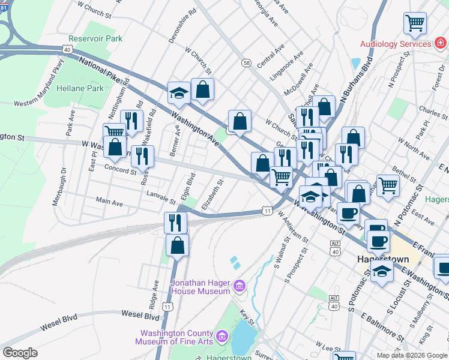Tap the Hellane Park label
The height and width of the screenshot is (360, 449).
[x=80, y=88]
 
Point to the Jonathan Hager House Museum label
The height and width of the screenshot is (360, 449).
[x=200, y=287]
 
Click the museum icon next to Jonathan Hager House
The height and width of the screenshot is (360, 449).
[x=240, y=284]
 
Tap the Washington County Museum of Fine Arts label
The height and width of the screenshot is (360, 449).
[x=175, y=338]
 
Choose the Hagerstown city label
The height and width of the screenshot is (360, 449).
[x=383, y=260]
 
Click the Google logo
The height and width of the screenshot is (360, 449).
[x=19, y=353]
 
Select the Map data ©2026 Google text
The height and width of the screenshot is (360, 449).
[x=411, y=355]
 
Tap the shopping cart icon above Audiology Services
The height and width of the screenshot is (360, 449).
[x=415, y=23]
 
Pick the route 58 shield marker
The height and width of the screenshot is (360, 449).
[x=246, y=62]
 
